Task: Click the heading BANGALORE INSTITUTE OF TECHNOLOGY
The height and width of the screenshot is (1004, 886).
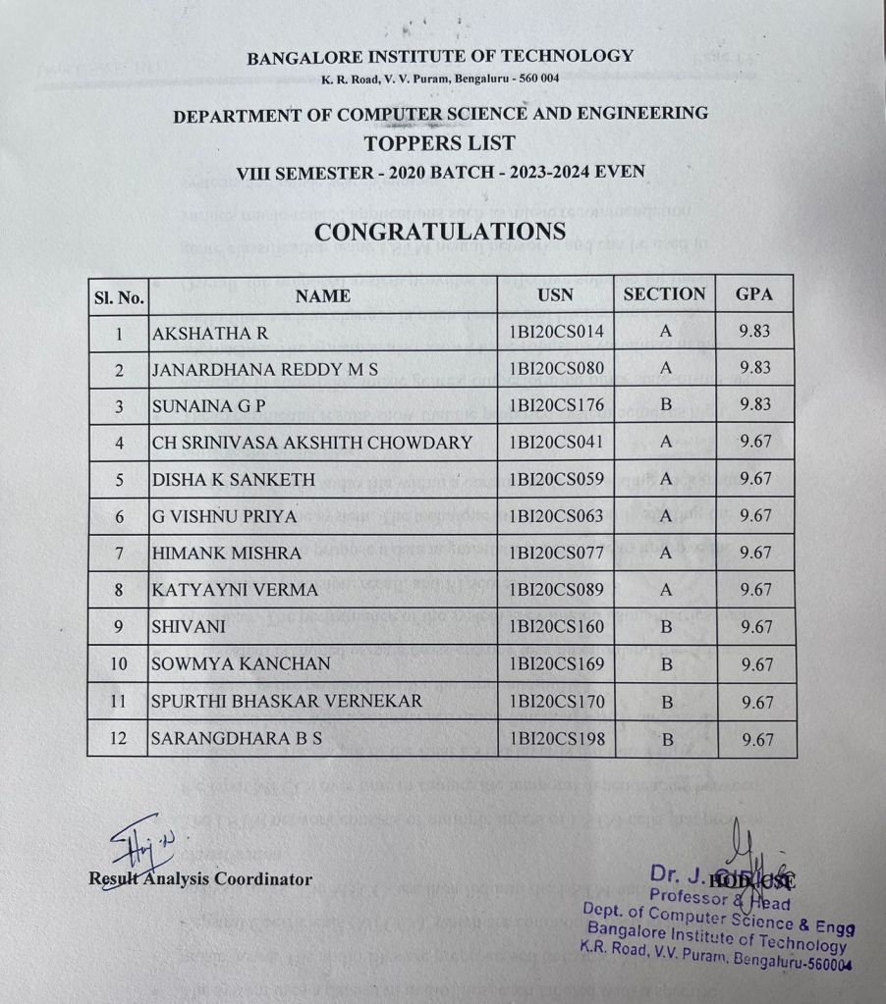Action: tap(440, 57)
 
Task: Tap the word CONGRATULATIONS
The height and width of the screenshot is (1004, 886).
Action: tap(440, 232)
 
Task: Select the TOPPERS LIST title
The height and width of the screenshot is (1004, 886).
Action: tap(439, 143)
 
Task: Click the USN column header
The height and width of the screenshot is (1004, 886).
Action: tap(556, 294)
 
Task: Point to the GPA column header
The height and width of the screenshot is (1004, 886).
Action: tap(754, 294)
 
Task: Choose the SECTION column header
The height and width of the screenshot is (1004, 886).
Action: tap(665, 294)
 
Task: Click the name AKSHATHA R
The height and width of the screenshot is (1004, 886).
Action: tap(210, 334)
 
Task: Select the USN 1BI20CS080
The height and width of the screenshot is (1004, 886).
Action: tap(556, 369)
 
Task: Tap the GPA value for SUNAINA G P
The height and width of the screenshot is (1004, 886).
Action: tap(754, 404)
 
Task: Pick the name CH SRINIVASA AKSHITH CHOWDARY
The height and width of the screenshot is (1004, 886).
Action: tap(312, 443)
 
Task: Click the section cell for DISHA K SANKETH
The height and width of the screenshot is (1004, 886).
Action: tap(665, 479)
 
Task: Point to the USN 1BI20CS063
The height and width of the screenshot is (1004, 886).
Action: tap(556, 516)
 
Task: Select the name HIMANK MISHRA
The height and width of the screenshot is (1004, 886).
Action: tap(227, 554)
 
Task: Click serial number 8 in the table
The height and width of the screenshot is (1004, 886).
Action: tap(118, 591)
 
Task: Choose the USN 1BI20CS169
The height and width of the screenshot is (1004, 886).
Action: tap(556, 664)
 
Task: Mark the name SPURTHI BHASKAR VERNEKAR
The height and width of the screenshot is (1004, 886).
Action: tap(287, 702)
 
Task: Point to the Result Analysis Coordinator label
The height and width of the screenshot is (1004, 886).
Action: tap(200, 878)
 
